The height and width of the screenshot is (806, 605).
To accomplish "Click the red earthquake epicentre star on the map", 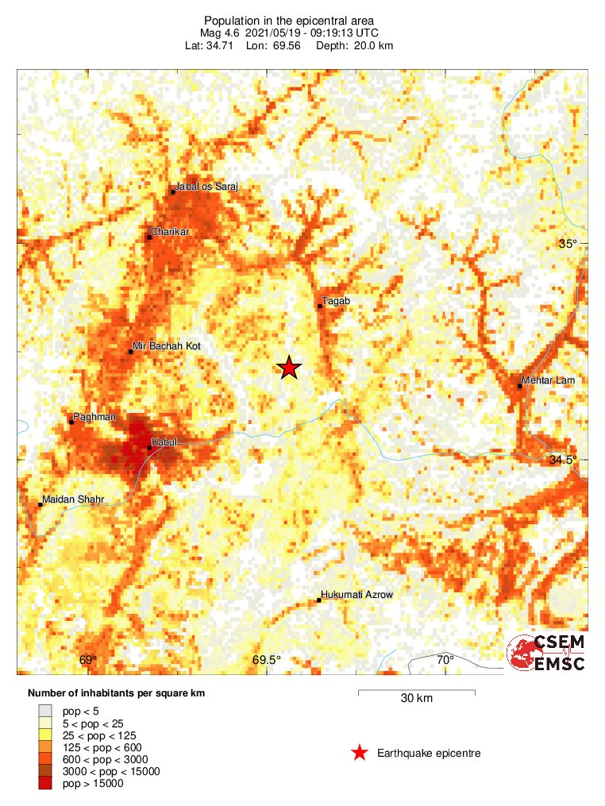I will click(x=289, y=367).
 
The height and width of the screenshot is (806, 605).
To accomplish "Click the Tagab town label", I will click(x=336, y=300).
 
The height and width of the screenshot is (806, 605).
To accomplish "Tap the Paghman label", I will click(x=94, y=416).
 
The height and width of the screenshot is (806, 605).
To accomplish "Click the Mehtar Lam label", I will click(x=548, y=380).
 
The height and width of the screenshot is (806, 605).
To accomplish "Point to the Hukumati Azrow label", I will click(x=356, y=595).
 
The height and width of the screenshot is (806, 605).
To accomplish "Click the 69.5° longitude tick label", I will click(x=267, y=660).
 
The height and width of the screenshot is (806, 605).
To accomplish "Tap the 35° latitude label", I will click(x=567, y=244).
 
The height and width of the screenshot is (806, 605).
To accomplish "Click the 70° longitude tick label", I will click(x=445, y=660).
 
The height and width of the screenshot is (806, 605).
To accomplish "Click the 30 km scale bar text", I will click(x=416, y=699).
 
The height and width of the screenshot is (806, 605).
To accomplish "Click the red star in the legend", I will click(x=360, y=753).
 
